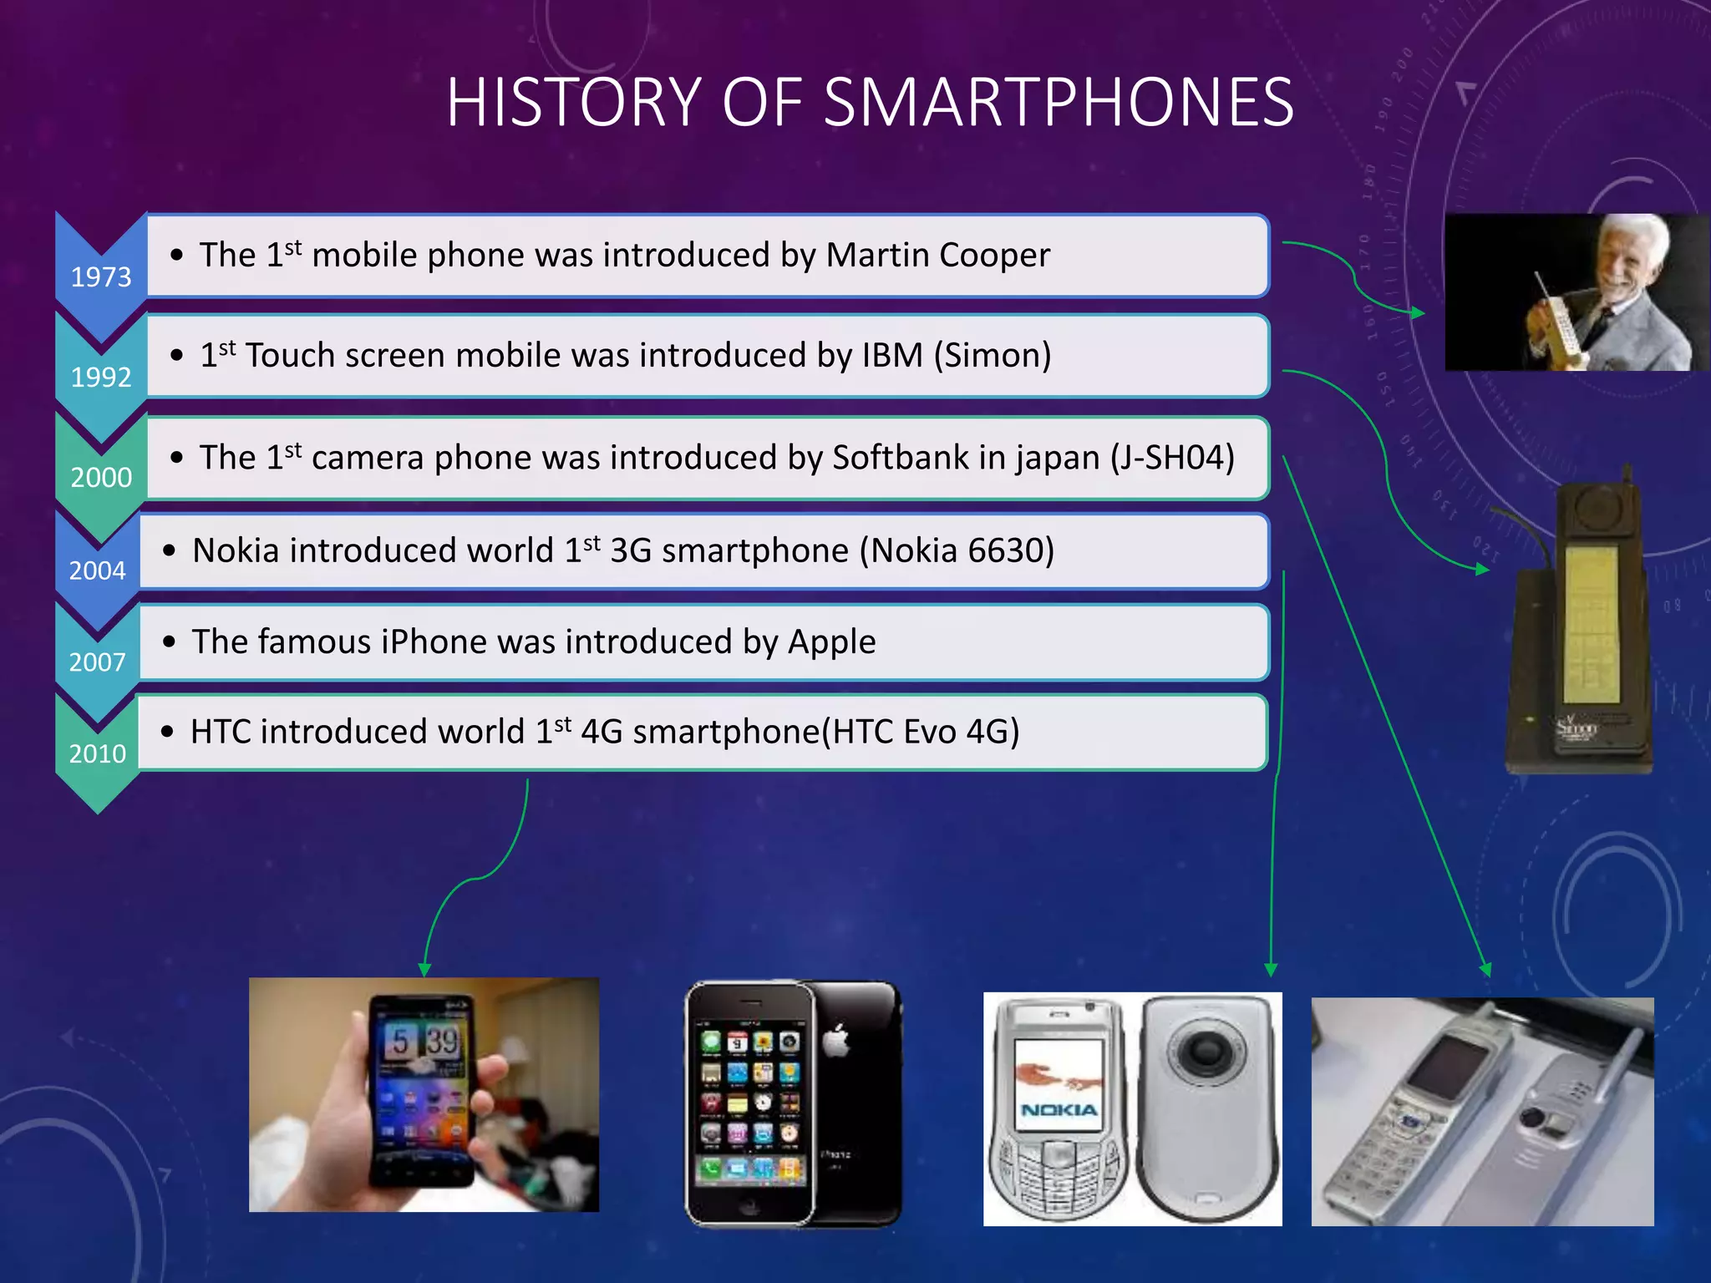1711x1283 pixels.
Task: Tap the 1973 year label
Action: pos(101,276)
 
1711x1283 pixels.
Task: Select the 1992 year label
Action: pos(101,377)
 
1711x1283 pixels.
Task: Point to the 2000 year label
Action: pos(101,477)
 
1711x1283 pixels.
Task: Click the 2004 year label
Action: pos(97,571)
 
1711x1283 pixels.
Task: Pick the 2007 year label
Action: pos(97,662)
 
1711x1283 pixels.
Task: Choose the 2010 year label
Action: pos(97,753)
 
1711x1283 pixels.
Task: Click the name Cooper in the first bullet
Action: pos(994,255)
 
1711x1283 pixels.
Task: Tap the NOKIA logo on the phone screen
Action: pos(1059,1109)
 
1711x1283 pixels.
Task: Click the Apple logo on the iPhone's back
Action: pos(836,1042)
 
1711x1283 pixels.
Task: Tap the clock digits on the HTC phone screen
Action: pos(425,1042)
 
